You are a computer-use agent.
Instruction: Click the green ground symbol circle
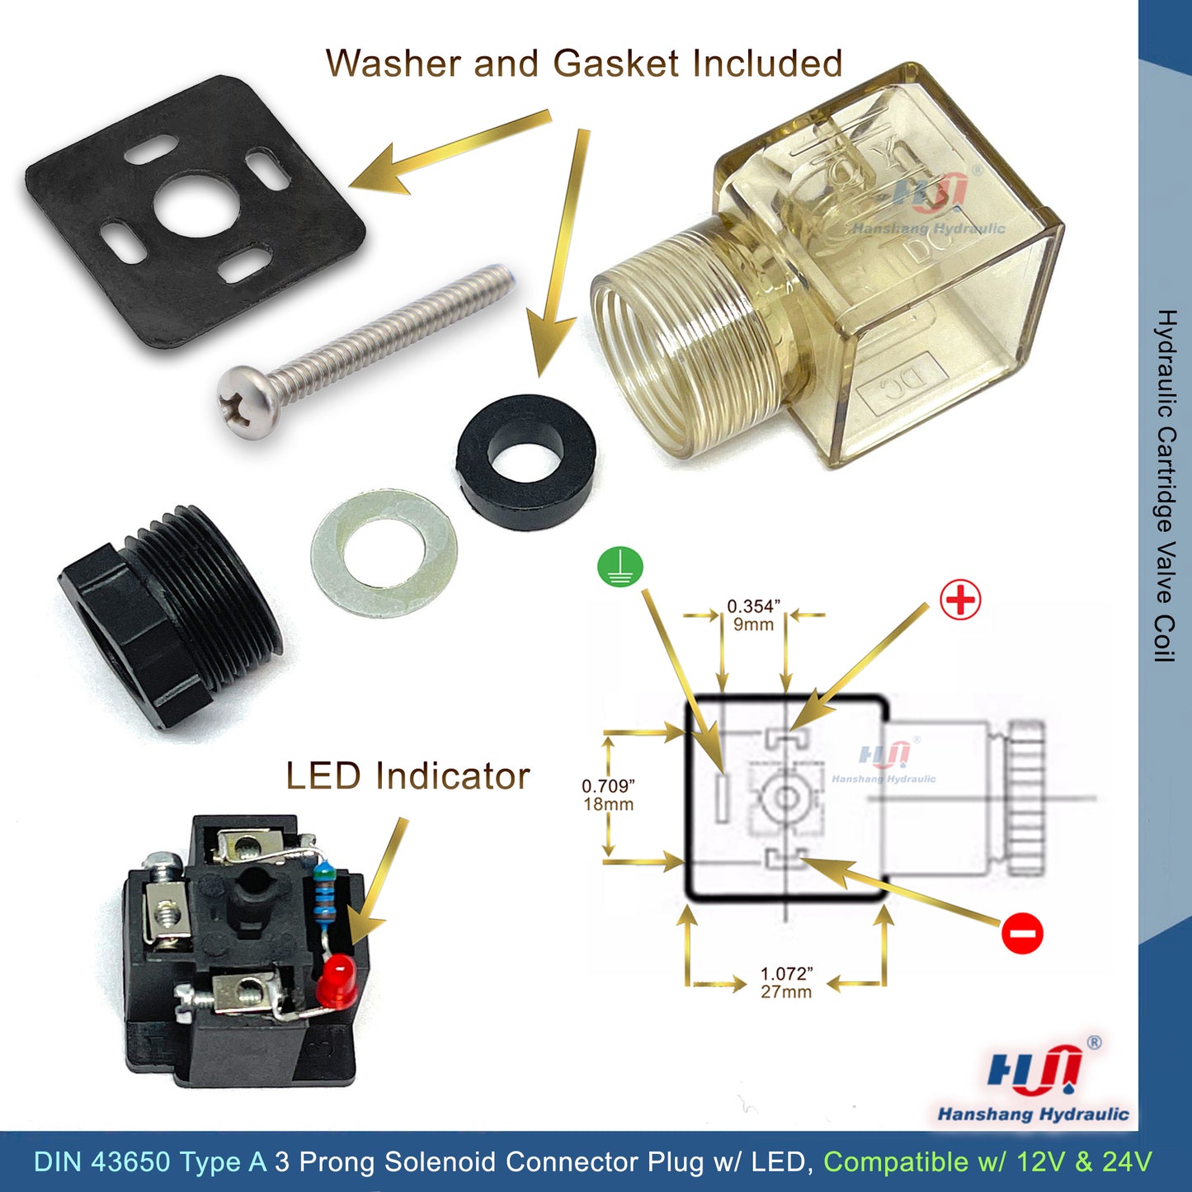click(x=620, y=568)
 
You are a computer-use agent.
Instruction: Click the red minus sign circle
click(x=1021, y=934)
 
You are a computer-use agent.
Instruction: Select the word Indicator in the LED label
click(x=452, y=776)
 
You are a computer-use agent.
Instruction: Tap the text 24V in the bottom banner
click(x=1127, y=1161)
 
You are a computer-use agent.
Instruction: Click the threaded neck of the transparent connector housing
click(x=685, y=338)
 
